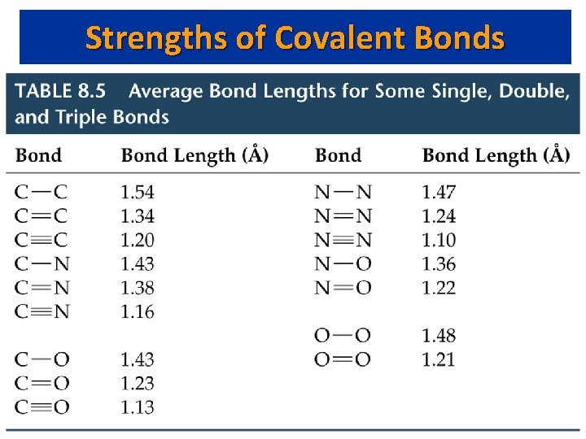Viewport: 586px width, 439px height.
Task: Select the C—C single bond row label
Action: pos(42,193)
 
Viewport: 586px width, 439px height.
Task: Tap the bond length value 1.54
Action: pos(137,193)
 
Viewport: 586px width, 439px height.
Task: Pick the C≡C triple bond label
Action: pos(42,241)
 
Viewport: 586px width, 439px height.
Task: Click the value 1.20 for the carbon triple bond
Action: pos(137,241)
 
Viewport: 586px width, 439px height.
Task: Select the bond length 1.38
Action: pos(137,288)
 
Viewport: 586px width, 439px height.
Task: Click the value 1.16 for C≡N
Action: pos(137,311)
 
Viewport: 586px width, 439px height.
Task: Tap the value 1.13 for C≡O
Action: pos(137,407)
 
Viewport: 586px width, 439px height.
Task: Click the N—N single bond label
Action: pos(343,193)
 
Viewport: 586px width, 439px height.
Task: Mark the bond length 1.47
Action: pos(439,193)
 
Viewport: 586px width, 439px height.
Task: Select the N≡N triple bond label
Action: pos(343,241)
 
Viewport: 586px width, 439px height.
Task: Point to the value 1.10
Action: pos(439,241)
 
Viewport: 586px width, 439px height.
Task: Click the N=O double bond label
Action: pos(343,288)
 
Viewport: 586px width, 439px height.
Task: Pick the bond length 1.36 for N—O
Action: pos(439,264)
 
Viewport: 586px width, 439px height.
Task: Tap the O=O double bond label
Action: pos(343,359)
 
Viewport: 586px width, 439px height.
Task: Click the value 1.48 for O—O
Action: pos(439,336)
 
